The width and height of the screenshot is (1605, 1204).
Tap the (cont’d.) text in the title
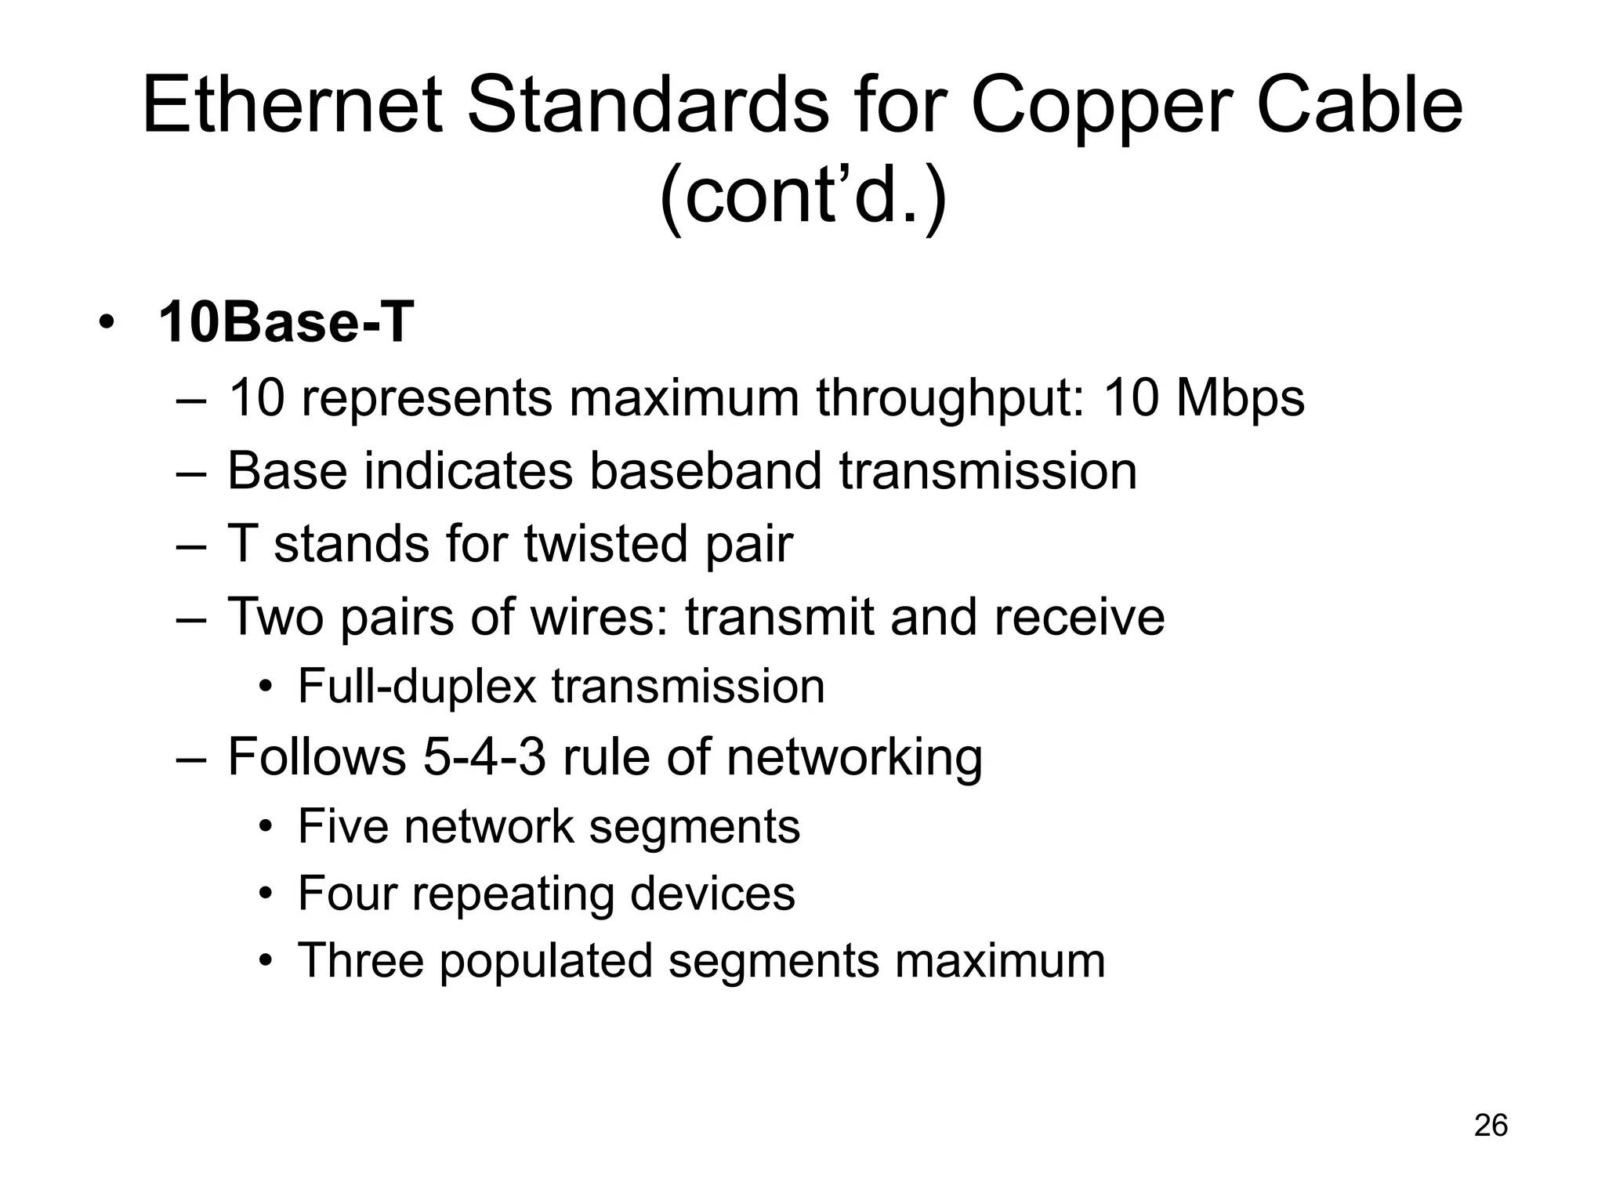803,196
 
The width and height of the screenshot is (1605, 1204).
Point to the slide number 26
1491,1126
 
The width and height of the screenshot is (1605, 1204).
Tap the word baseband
705,471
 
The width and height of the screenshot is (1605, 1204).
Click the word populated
545,962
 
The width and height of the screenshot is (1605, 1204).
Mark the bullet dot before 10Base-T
107,323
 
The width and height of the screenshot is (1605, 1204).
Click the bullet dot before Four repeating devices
267,894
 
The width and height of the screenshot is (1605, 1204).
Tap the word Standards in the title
647,107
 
